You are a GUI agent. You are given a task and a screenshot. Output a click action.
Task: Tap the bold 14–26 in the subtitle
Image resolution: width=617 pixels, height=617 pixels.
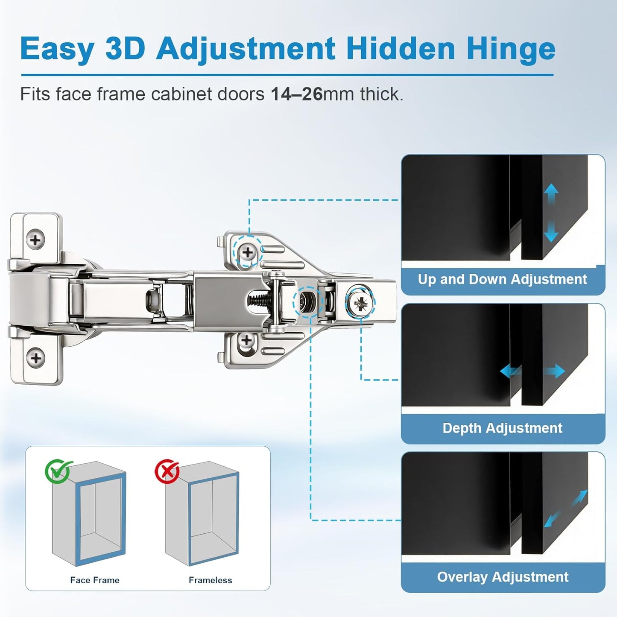click(x=296, y=94)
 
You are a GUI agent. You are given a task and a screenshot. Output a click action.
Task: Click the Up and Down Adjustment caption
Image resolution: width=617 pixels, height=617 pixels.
click(x=503, y=279)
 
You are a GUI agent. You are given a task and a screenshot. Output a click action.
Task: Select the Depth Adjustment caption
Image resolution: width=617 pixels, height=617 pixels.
click(x=503, y=428)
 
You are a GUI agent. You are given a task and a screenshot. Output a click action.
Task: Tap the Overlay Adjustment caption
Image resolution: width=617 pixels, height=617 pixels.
click(x=503, y=577)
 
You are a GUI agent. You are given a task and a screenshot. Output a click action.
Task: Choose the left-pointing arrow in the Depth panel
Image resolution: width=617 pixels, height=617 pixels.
click(x=510, y=371)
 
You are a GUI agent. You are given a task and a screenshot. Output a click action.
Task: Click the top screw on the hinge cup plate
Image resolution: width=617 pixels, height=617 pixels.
click(x=35, y=240)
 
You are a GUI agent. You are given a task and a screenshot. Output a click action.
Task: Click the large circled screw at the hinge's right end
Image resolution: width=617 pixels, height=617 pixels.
click(x=360, y=303)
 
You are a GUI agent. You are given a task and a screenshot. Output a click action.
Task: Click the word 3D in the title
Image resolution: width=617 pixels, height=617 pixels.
click(x=125, y=49)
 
